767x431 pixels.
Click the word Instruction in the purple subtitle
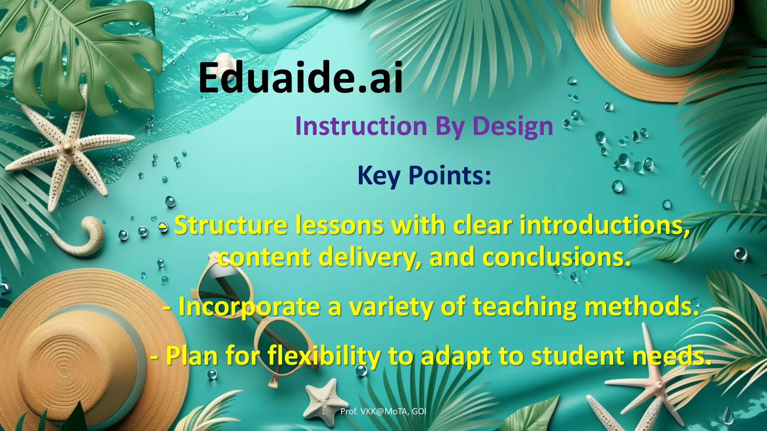(x=361, y=126)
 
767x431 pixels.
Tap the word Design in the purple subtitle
(x=513, y=126)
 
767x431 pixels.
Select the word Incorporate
(x=249, y=306)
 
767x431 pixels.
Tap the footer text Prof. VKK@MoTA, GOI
(x=383, y=412)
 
